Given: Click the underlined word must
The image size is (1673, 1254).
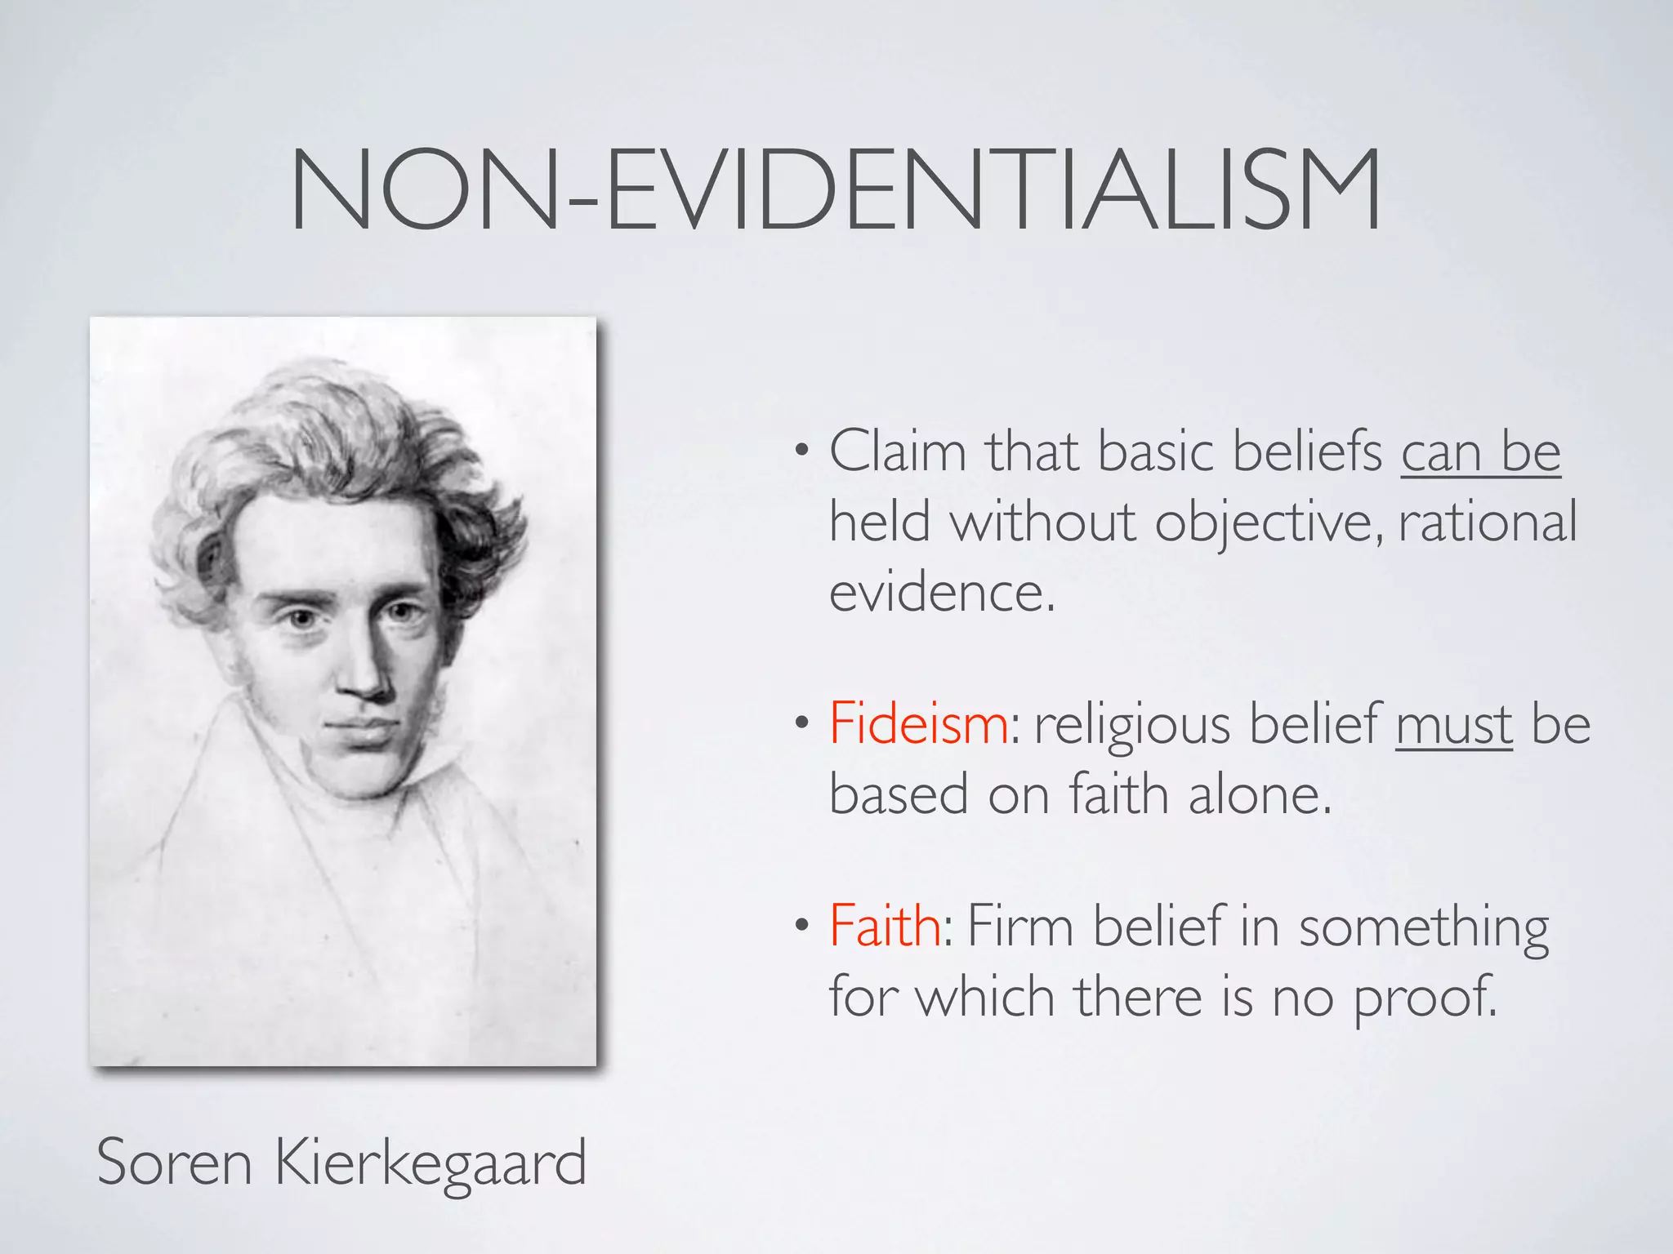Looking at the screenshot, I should [1453, 725].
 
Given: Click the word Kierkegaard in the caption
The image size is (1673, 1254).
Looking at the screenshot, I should [431, 1163].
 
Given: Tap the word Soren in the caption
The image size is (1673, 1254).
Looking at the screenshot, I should [174, 1163].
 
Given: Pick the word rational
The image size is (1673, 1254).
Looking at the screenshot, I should [1487, 522].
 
